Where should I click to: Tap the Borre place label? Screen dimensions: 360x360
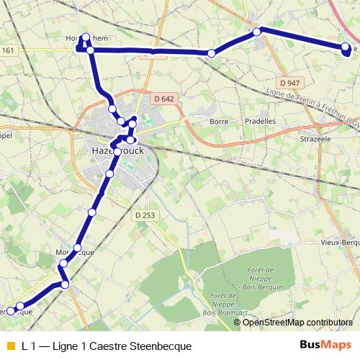pos(218,122)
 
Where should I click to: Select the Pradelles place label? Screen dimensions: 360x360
pos(261,122)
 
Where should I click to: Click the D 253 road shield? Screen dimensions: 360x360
pos(145,215)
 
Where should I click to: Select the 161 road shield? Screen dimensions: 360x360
pos(8,50)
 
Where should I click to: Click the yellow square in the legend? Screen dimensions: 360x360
pos(9,346)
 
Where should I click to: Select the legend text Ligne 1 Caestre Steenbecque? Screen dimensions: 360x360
pos(107,346)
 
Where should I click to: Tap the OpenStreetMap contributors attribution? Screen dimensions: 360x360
pos(297,322)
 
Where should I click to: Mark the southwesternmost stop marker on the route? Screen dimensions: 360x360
pos(11,310)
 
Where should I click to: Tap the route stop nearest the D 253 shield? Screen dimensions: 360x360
pos(92,212)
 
